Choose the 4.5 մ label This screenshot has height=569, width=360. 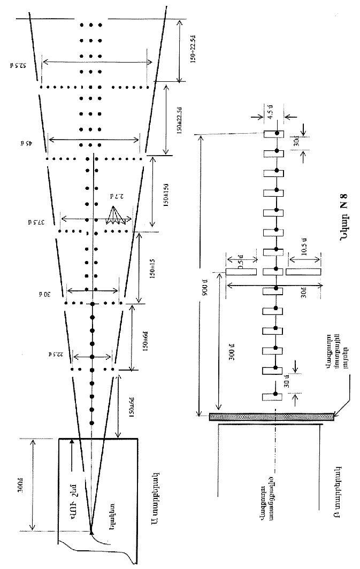[x=273, y=114]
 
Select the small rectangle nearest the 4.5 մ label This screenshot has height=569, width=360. [x=273, y=134]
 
